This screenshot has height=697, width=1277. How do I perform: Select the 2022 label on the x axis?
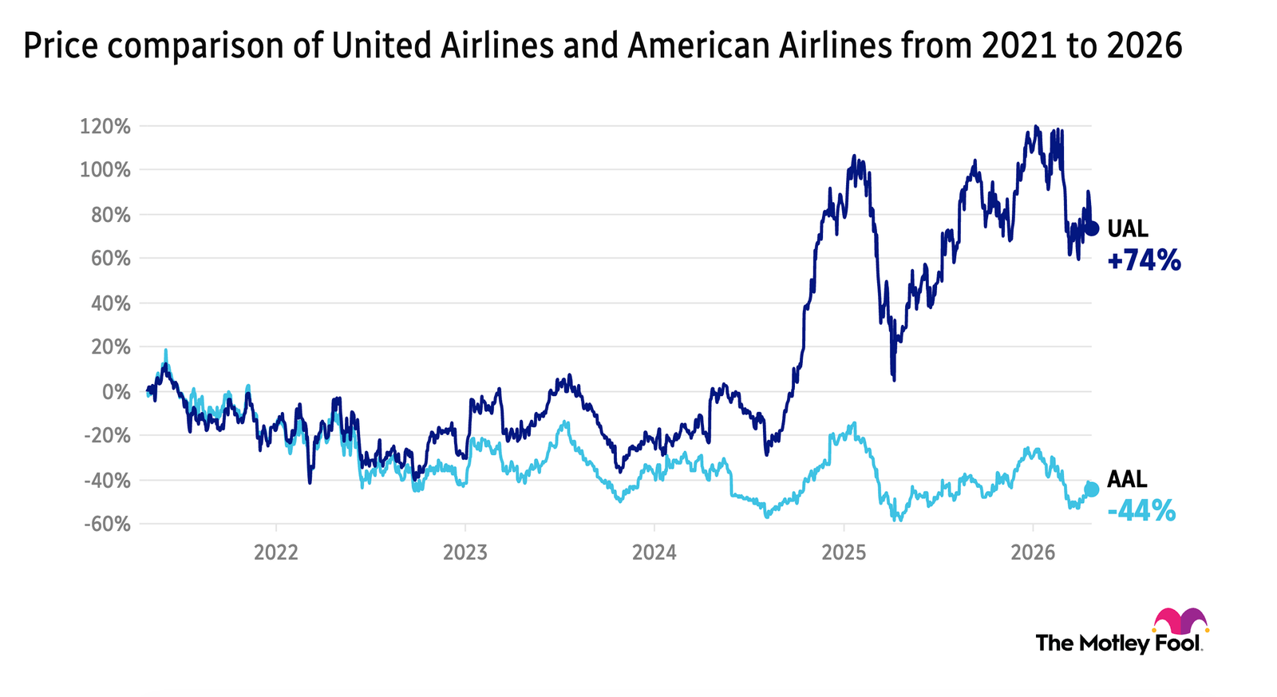coord(276,552)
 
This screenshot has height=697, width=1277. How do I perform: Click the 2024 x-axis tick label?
coord(654,552)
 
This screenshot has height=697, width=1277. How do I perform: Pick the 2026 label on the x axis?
coord(1033,552)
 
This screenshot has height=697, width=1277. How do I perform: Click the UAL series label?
coord(1128,230)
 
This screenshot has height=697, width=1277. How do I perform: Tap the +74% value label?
coord(1144,260)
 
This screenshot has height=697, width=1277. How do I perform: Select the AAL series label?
coord(1127,480)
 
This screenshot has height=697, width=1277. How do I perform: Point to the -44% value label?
coord(1141,510)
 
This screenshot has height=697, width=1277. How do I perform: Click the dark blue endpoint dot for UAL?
coord(1092,229)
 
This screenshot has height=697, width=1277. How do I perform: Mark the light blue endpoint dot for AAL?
coord(1092,489)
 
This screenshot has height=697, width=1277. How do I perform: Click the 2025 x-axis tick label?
coord(844,552)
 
